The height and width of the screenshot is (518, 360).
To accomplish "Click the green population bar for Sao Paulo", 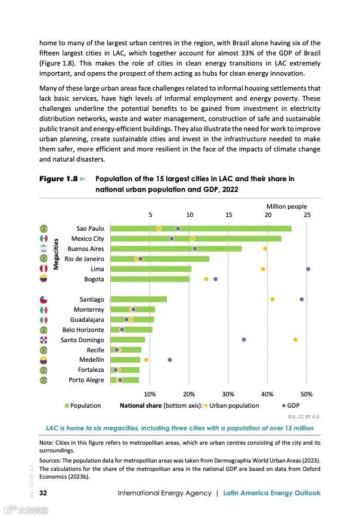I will click(x=201, y=228).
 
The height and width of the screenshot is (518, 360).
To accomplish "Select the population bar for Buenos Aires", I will click(x=176, y=249).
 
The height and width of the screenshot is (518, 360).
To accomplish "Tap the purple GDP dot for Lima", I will click(x=308, y=269).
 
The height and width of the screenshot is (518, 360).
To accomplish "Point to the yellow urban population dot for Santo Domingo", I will click(x=295, y=340).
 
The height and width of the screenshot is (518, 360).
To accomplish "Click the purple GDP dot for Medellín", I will click(x=170, y=360).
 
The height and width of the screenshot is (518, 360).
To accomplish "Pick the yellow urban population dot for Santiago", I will click(x=272, y=299).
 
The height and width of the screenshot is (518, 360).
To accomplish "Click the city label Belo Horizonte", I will click(x=83, y=330).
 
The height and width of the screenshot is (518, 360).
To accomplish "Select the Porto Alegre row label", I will click(x=86, y=380).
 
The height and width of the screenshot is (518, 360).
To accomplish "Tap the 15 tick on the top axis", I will click(x=228, y=215).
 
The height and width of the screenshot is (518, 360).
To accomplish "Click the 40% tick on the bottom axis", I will click(x=268, y=394).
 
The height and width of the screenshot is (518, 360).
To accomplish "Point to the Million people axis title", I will click(x=287, y=206).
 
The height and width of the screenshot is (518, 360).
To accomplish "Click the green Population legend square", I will click(x=67, y=406).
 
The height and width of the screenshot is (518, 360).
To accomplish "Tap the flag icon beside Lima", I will click(x=44, y=269).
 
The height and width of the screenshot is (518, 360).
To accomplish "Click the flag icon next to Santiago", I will click(x=44, y=299).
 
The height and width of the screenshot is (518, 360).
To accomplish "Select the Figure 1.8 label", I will click(x=59, y=179).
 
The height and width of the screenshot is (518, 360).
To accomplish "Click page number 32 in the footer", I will click(x=44, y=493).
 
